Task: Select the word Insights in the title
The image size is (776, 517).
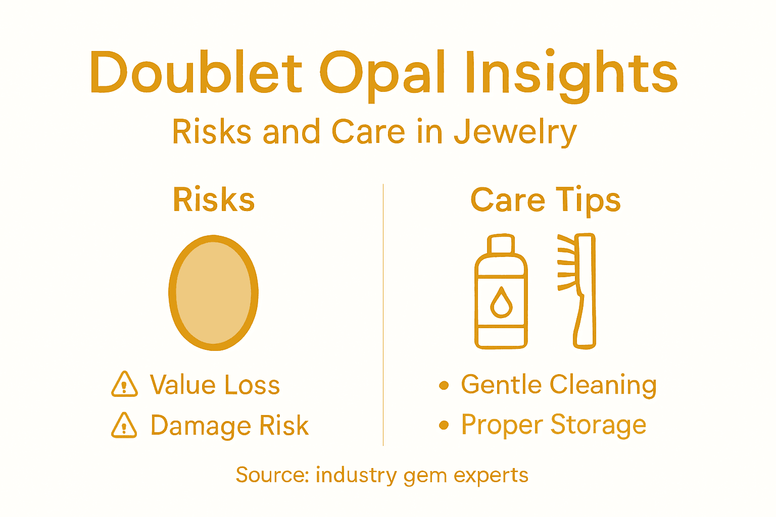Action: pyautogui.click(x=571, y=74)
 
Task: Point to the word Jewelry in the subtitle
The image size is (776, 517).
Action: pyautogui.click(x=515, y=132)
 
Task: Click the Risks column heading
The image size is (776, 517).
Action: pyautogui.click(x=214, y=199)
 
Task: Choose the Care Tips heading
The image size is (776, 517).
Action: pyautogui.click(x=545, y=200)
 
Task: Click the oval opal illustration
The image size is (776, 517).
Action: pyautogui.click(x=214, y=293)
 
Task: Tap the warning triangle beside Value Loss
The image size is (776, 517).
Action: pyautogui.click(x=124, y=385)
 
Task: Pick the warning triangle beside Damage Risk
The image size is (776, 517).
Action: pyautogui.click(x=124, y=425)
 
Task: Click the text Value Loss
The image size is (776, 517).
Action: pyautogui.click(x=215, y=385)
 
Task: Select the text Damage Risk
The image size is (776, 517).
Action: pyautogui.click(x=229, y=425)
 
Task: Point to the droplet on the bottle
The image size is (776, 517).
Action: pyautogui.click(x=501, y=302)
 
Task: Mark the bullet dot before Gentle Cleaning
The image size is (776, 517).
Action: pyautogui.click(x=444, y=386)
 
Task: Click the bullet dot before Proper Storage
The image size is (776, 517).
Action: pyautogui.click(x=444, y=425)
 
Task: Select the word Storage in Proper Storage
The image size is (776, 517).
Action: pyautogui.click(x=598, y=425)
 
